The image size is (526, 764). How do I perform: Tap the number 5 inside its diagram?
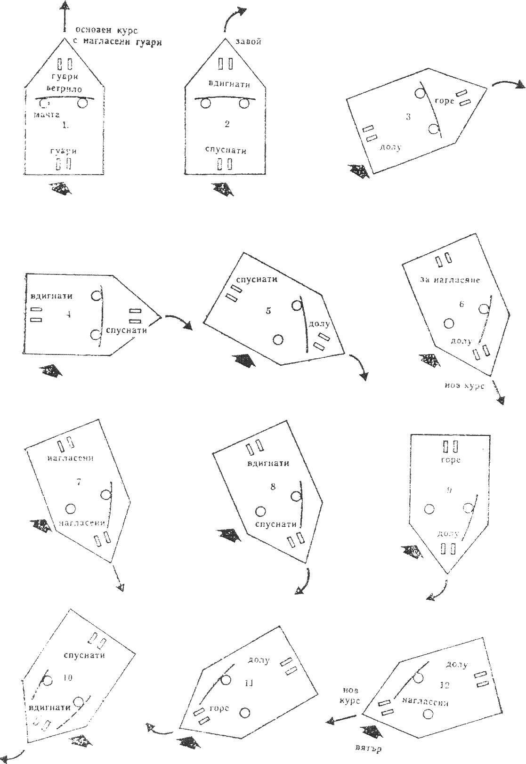[268, 311]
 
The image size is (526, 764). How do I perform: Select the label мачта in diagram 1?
[46, 114]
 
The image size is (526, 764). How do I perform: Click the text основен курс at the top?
[106, 30]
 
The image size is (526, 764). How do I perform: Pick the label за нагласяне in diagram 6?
[450, 280]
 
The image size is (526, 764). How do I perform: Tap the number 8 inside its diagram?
[273, 487]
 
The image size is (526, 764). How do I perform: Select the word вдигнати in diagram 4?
[52, 296]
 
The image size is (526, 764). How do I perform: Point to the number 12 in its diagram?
[444, 685]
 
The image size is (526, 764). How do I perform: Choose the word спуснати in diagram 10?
[84, 655]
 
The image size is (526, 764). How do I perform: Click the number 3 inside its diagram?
[408, 117]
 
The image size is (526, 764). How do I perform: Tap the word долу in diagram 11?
[258, 660]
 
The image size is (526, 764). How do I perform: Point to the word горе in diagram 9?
[450, 460]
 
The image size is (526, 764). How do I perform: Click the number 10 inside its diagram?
[67, 677]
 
